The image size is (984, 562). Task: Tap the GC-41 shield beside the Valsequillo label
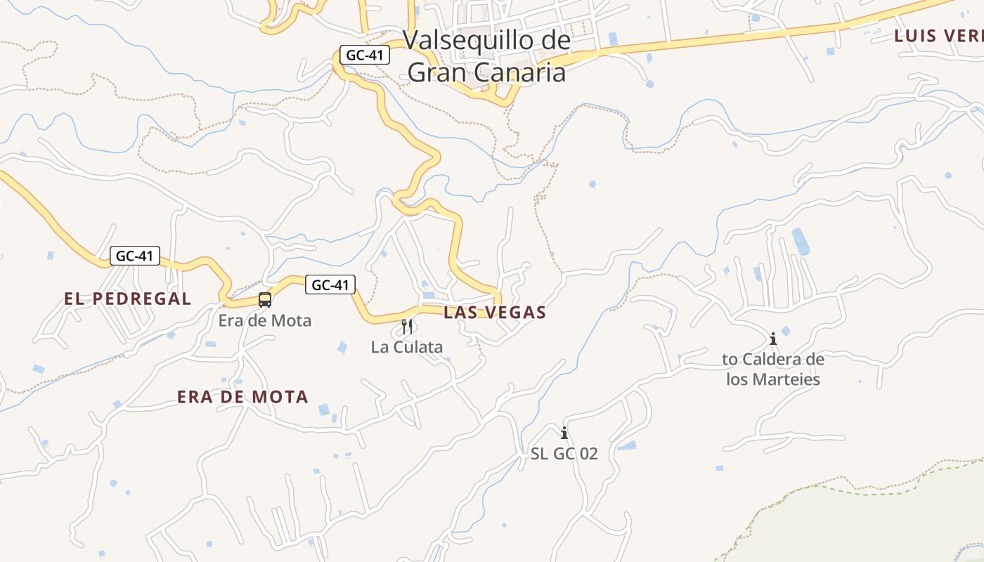coord(364,55)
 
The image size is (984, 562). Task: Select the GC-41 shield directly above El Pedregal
coord(134,256)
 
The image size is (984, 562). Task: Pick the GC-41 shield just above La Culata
coord(330,285)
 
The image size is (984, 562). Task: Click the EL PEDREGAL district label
coord(127,299)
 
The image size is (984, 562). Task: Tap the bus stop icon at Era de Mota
coord(265,300)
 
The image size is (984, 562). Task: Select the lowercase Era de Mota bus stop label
coord(264,321)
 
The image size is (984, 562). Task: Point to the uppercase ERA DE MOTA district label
coord(242,397)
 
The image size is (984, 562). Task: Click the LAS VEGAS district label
coord(495,313)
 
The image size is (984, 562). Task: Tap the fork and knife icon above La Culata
coord(407,327)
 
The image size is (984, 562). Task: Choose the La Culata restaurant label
coord(407,347)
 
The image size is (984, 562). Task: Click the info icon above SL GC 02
coord(564,433)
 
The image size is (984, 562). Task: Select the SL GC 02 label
coord(564,454)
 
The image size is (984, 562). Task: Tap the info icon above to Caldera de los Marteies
coord(773,339)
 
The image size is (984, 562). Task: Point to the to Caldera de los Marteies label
coord(773,370)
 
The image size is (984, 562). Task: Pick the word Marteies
coord(786,379)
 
